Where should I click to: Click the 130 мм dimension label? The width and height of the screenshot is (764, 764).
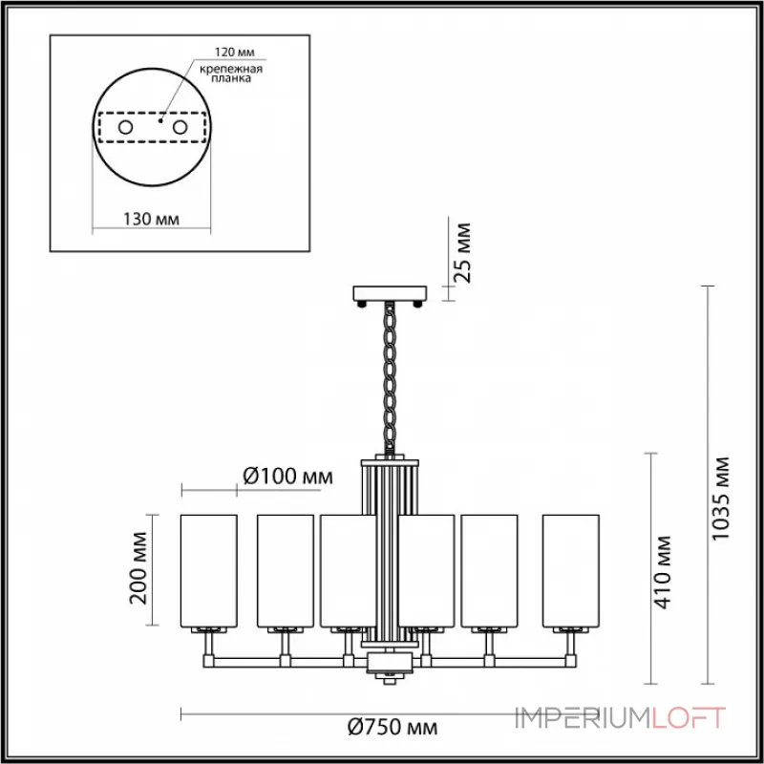(153, 220)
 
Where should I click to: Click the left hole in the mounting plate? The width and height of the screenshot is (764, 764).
(125, 126)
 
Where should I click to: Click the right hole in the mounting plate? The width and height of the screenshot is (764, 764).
(179, 126)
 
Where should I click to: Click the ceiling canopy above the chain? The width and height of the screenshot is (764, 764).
(390, 292)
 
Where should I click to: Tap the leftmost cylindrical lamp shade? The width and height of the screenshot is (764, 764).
(208, 570)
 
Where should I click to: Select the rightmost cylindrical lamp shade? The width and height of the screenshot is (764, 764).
(570, 570)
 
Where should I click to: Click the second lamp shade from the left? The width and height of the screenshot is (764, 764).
(285, 570)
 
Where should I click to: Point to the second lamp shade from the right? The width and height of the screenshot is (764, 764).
(489, 570)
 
